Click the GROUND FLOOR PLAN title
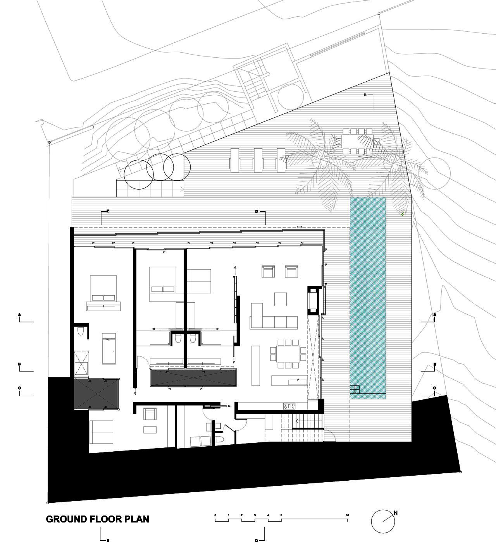pyautogui.click(x=97, y=519)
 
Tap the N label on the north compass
pyautogui.click(x=396, y=513)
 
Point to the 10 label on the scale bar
pyautogui.click(x=347, y=515)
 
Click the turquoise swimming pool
pyautogui.click(x=368, y=298)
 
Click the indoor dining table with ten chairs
pyautogui.click(x=288, y=354)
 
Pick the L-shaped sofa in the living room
pyautogui.click(x=274, y=318)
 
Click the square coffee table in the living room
pyautogui.click(x=281, y=299)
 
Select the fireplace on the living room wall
pyautogui.click(x=313, y=301)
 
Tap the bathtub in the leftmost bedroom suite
pyautogui.click(x=108, y=348)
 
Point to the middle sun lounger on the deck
pyautogui.click(x=258, y=160)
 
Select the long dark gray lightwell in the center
pyautogui.click(x=193, y=377)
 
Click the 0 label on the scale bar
pyautogui.click(x=215, y=515)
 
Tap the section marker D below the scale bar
pyautogui.click(x=257, y=540)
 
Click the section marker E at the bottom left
pyautogui.click(x=108, y=540)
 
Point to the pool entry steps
pyautogui.click(x=355, y=389)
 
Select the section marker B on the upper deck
pyautogui.click(x=365, y=95)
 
